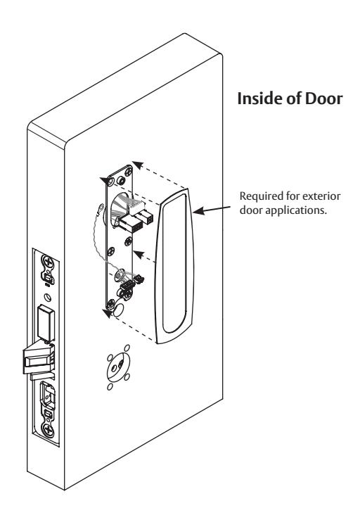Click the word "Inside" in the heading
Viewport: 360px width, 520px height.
(257, 99)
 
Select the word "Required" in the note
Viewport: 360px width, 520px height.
(258, 196)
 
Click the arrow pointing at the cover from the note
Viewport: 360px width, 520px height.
(212, 209)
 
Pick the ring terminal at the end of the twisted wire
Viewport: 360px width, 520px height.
(98, 208)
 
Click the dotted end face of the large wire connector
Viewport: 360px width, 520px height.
(134, 227)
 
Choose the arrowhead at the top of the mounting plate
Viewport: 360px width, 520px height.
(139, 165)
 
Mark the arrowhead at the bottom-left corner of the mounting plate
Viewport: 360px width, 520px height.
(108, 313)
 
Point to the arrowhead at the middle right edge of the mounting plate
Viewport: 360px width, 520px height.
(139, 254)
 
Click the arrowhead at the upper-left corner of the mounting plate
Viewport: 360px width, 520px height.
(105, 180)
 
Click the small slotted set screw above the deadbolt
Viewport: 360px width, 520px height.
(49, 298)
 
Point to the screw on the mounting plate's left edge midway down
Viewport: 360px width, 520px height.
(111, 251)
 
